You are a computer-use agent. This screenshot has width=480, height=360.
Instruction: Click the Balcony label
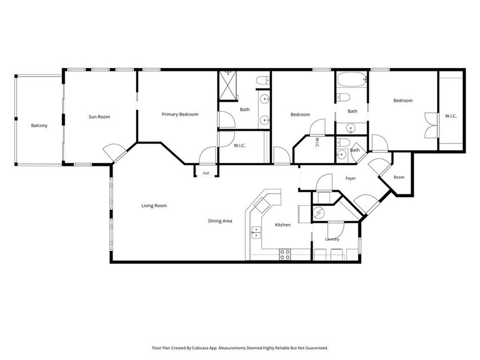click(x=39, y=126)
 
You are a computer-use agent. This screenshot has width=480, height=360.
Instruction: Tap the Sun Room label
click(x=99, y=117)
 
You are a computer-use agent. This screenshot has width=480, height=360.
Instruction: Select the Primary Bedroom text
click(x=180, y=114)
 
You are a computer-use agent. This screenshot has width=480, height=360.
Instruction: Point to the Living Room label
click(x=154, y=206)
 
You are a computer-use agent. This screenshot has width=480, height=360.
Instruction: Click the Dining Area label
click(x=220, y=221)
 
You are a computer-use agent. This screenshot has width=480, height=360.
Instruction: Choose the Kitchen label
click(x=282, y=225)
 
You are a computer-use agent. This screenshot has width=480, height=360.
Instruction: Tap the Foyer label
click(x=350, y=178)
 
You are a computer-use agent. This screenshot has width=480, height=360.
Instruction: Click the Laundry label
click(x=332, y=239)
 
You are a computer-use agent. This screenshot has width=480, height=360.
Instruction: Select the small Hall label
click(x=206, y=173)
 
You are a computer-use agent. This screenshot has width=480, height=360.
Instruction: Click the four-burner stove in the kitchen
click(x=285, y=255)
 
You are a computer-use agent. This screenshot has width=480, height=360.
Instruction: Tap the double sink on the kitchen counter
click(x=256, y=233)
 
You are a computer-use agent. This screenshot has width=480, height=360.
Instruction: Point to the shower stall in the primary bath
click(x=228, y=85)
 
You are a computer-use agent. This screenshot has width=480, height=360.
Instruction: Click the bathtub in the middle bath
click(x=352, y=79)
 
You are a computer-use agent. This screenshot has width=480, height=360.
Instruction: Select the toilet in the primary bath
click(x=263, y=81)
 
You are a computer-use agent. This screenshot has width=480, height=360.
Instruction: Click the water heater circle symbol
click(x=318, y=212)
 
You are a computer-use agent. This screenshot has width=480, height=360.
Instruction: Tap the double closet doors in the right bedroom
click(x=431, y=125)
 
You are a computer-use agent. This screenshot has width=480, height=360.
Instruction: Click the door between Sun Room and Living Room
click(x=114, y=152)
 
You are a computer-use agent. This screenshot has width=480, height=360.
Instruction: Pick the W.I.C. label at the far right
click(x=451, y=116)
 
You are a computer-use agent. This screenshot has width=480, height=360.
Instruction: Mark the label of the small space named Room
click(x=399, y=177)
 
